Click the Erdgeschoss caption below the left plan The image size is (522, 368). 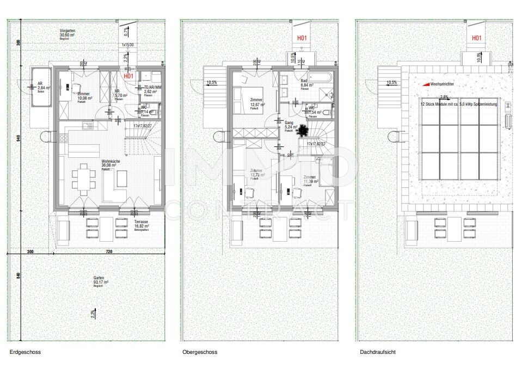tap(25, 352)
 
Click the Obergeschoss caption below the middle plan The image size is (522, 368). tap(200, 352)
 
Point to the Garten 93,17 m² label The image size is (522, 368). tap(100, 280)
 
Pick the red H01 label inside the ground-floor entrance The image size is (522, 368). tap(128, 76)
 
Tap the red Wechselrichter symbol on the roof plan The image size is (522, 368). tap(426, 84)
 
